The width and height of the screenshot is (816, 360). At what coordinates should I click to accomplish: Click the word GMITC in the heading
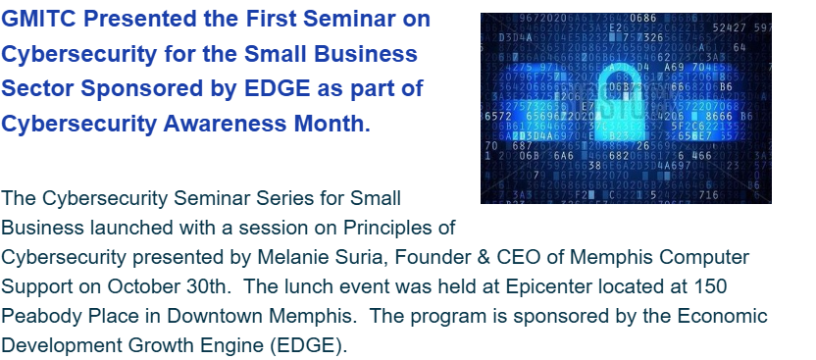coord(39,19)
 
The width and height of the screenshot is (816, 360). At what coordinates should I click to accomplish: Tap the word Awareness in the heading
coord(225,124)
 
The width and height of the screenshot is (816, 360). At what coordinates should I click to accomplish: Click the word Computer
coord(704,257)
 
